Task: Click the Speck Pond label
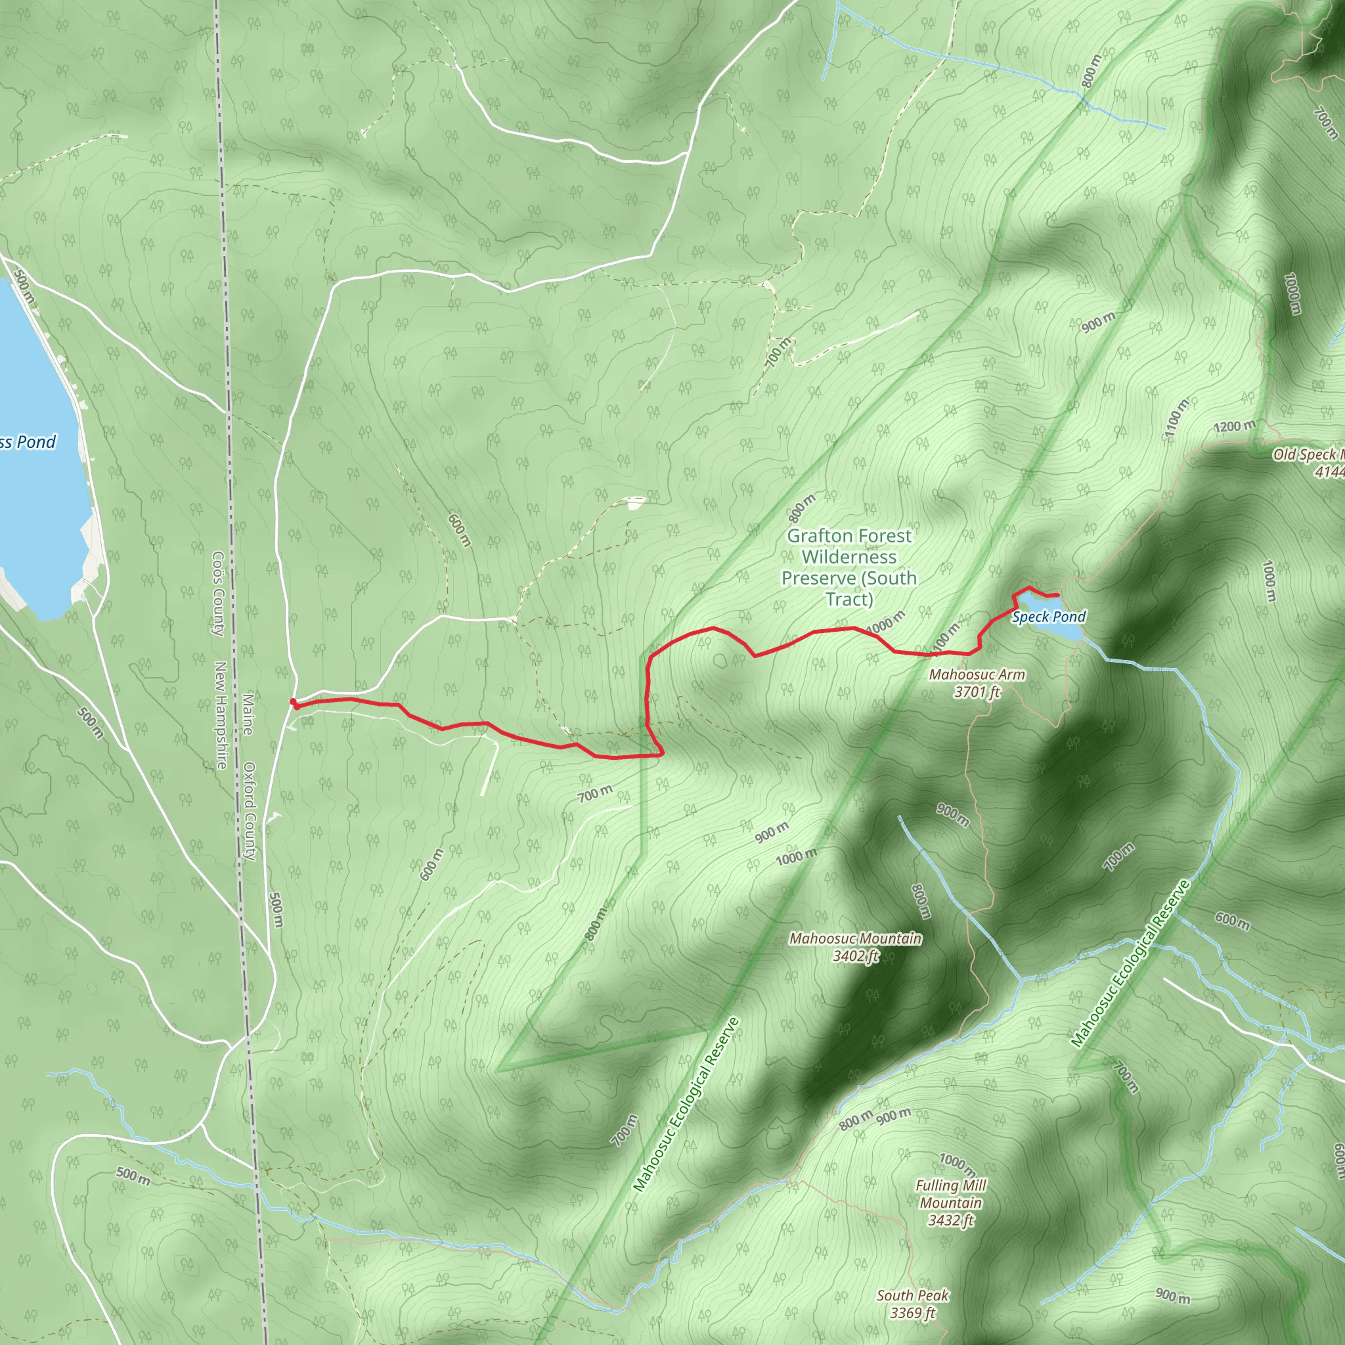click(x=1048, y=617)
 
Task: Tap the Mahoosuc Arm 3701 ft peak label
click(x=977, y=683)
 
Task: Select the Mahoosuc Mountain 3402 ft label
click(x=855, y=947)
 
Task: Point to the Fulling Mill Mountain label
click(x=950, y=1202)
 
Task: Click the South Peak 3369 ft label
click(x=912, y=1304)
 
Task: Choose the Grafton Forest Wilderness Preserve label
click(x=849, y=567)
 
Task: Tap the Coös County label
click(x=219, y=593)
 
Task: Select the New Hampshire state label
click(x=220, y=715)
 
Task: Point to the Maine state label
click(x=248, y=714)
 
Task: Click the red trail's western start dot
click(x=293, y=702)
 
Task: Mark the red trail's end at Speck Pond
click(x=1057, y=594)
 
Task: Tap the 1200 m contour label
click(x=1234, y=426)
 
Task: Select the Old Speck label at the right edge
click(x=1309, y=462)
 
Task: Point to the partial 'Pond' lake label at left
click(x=28, y=441)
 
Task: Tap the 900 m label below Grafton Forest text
click(x=772, y=831)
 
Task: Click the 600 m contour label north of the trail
click(x=460, y=531)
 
